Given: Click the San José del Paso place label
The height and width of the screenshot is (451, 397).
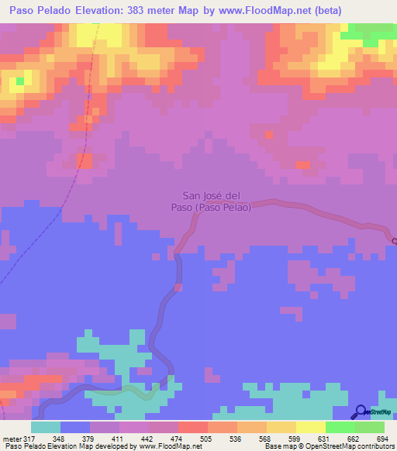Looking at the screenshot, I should (x=216, y=201).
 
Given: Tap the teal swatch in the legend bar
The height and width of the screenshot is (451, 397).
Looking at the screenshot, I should (x=45, y=427).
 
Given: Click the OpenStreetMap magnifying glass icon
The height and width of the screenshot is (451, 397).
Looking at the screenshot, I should (x=361, y=411).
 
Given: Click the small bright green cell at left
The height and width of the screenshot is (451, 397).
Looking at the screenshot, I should (x=19, y=79).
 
